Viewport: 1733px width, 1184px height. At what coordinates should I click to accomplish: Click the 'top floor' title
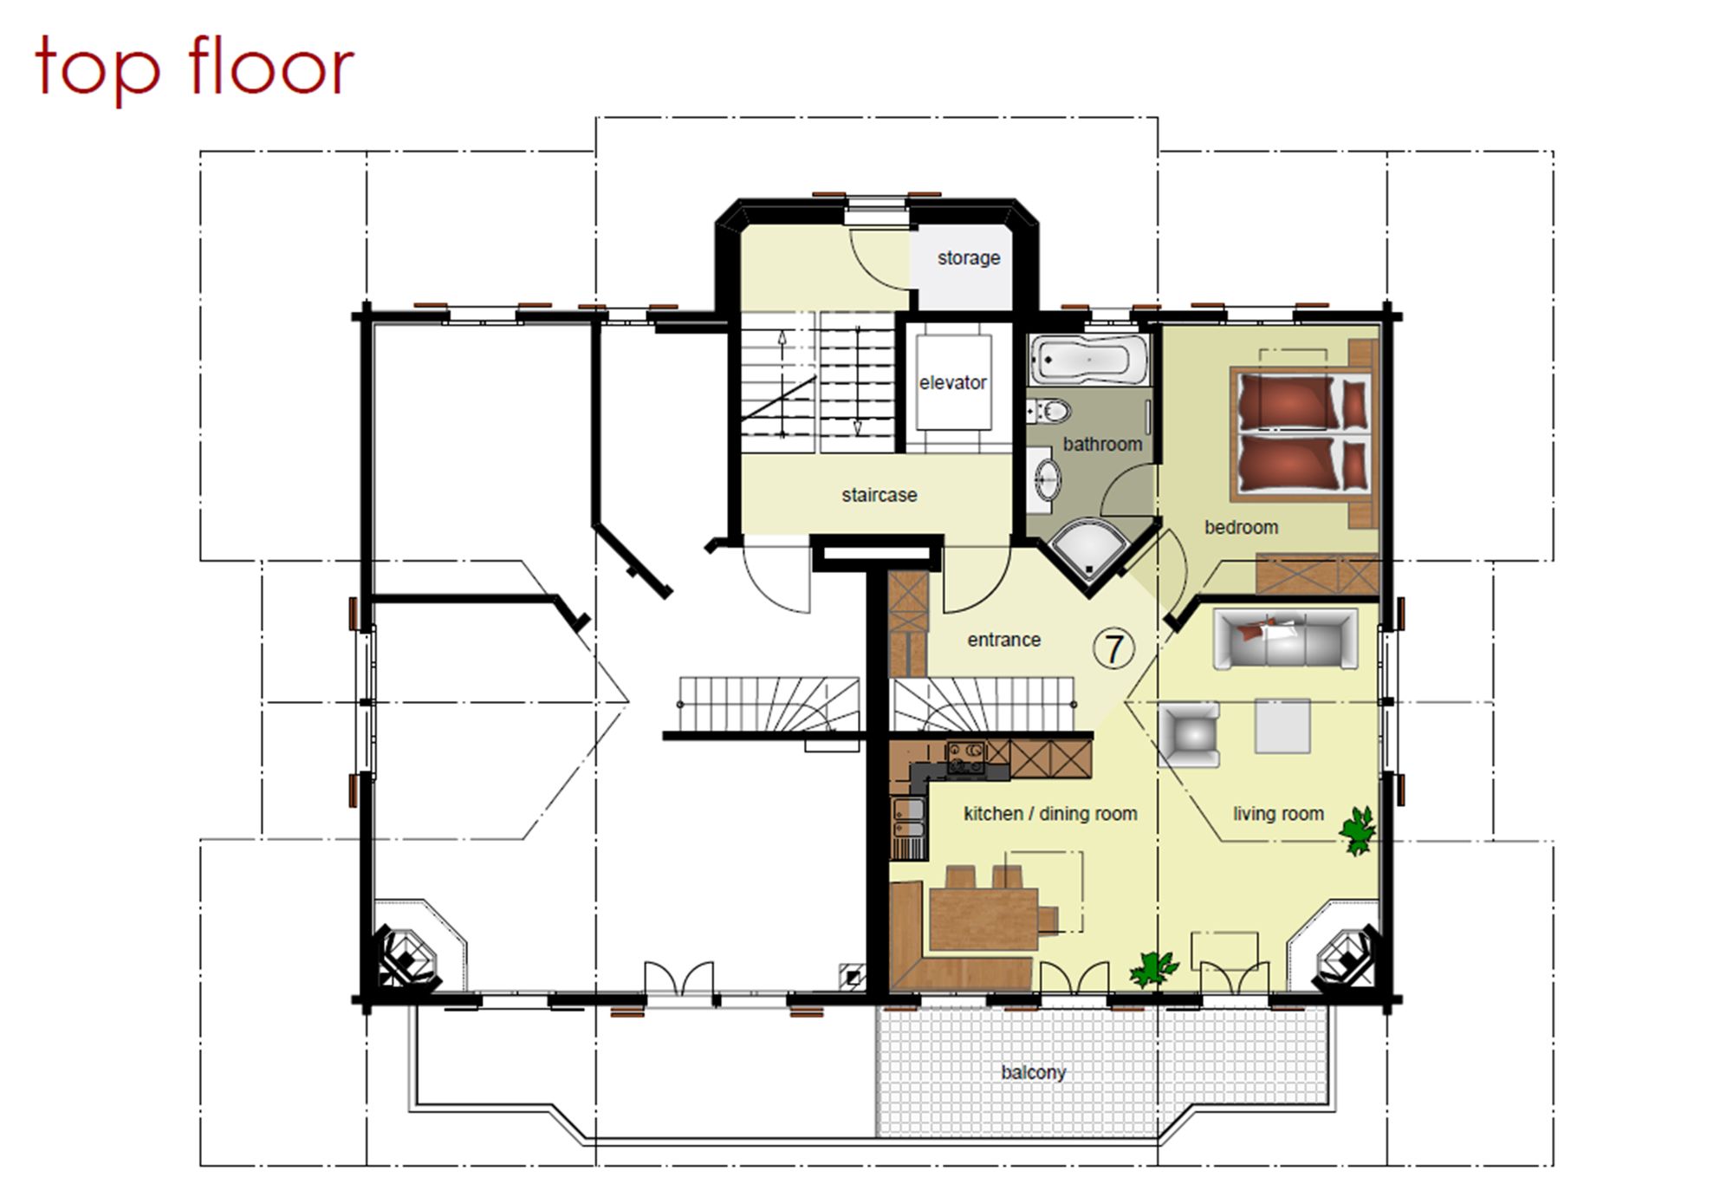click(x=194, y=68)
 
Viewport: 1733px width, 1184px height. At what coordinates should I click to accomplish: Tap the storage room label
click(x=969, y=258)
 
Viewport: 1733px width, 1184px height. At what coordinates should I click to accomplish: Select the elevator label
click(x=952, y=382)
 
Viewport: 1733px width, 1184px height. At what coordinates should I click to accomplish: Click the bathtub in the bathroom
click(x=1088, y=360)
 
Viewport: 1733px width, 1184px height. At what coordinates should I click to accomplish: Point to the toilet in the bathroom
click(x=1048, y=411)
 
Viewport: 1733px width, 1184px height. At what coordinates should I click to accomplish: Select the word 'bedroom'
click(x=1241, y=527)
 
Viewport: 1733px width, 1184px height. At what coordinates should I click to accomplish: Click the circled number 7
click(x=1113, y=648)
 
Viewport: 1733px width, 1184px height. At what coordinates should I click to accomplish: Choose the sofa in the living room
click(x=1284, y=639)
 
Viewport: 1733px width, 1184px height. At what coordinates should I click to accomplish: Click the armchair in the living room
click(x=1189, y=735)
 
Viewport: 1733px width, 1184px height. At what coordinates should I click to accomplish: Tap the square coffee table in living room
click(x=1282, y=725)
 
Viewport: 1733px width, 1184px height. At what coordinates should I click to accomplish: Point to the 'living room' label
click(x=1278, y=814)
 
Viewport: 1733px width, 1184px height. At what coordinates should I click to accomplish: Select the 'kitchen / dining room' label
click(x=1050, y=814)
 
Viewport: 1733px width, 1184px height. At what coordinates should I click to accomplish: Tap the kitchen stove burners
click(x=966, y=758)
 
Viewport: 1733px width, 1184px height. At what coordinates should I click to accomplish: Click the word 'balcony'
click(x=1033, y=1072)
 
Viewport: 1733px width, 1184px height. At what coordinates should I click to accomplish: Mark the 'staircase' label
click(x=879, y=495)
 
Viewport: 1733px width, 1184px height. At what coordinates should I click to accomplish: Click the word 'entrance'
click(x=1003, y=640)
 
